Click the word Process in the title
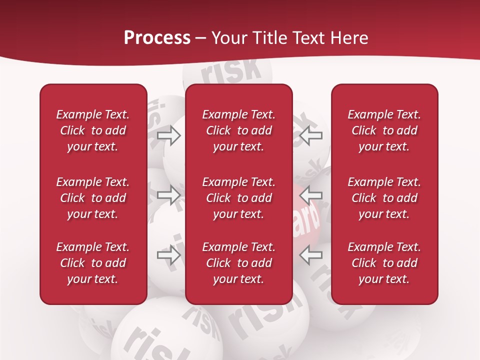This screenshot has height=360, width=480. (157, 37)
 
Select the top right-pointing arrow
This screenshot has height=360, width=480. (169, 135)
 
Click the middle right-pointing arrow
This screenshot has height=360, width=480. (169, 194)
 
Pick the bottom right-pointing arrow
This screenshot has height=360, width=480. (169, 254)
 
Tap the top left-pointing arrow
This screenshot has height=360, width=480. (311, 134)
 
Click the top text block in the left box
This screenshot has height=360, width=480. (93, 130)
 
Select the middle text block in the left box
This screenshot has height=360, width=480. (93, 198)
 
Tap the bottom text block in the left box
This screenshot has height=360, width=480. (93, 263)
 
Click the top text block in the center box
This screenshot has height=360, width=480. (239, 130)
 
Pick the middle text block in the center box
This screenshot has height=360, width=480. (239, 198)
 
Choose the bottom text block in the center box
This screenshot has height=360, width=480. (239, 263)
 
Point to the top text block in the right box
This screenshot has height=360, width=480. (384, 130)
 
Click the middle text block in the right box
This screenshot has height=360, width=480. (384, 198)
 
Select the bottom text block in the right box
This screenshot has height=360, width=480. (384, 263)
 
